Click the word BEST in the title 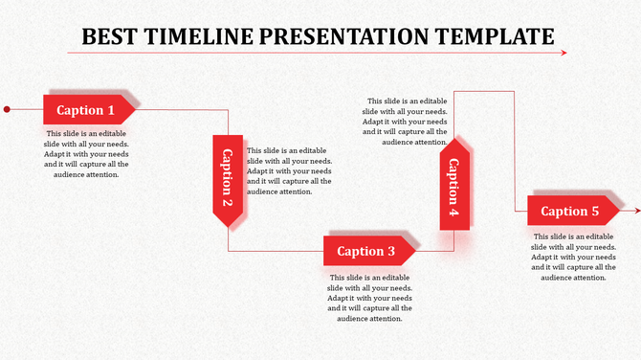[109, 36]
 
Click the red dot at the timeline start [7, 109]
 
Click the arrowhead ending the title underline [563, 53]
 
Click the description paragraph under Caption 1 [86, 153]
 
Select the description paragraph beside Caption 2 [289, 170]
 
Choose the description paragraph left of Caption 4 [405, 121]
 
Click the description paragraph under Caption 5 [573, 257]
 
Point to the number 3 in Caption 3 [390, 252]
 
